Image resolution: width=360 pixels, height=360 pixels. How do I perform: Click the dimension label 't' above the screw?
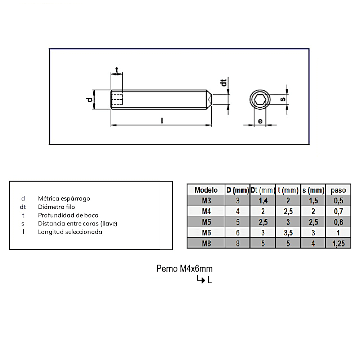click(116, 69)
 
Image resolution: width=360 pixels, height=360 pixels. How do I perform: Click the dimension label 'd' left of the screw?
click(90, 99)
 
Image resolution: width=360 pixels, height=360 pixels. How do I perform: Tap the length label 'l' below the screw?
click(162, 120)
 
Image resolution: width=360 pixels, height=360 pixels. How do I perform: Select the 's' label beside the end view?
click(283, 99)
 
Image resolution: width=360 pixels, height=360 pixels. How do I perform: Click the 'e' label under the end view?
click(260, 121)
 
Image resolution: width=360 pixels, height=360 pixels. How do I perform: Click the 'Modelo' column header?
click(206, 190)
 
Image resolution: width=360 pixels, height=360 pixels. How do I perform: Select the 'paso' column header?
click(338, 190)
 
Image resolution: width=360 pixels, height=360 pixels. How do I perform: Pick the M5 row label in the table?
click(206, 222)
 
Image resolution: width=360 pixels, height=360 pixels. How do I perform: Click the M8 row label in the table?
click(206, 243)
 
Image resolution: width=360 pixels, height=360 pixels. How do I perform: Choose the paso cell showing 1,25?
click(338, 243)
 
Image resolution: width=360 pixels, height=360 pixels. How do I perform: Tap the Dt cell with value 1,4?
click(263, 201)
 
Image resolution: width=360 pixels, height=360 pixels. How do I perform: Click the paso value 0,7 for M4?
click(338, 211)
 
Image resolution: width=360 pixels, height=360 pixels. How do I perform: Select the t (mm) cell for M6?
click(288, 233)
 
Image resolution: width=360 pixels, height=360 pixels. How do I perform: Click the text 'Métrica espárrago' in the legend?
click(64, 198)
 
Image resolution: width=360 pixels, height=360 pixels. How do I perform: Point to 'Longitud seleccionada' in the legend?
click(70, 231)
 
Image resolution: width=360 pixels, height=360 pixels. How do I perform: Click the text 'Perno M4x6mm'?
click(184, 269)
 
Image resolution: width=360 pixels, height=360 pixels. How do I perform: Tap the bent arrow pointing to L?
click(201, 279)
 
